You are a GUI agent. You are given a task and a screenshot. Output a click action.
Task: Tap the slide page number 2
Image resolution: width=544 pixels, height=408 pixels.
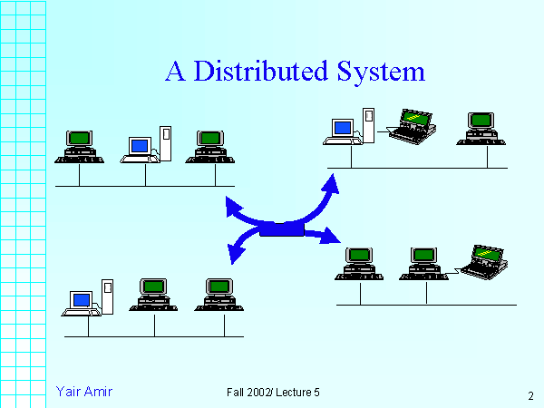point(530,395)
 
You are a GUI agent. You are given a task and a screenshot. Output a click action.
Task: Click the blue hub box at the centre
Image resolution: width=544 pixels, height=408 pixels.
point(282,229)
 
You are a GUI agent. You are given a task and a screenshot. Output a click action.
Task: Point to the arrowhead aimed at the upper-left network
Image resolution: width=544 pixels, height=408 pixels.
point(232,209)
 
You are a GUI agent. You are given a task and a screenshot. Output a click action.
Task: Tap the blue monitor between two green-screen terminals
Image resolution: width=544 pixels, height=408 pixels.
point(139,146)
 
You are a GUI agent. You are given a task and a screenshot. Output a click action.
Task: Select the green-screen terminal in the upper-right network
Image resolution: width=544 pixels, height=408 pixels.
point(481,126)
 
